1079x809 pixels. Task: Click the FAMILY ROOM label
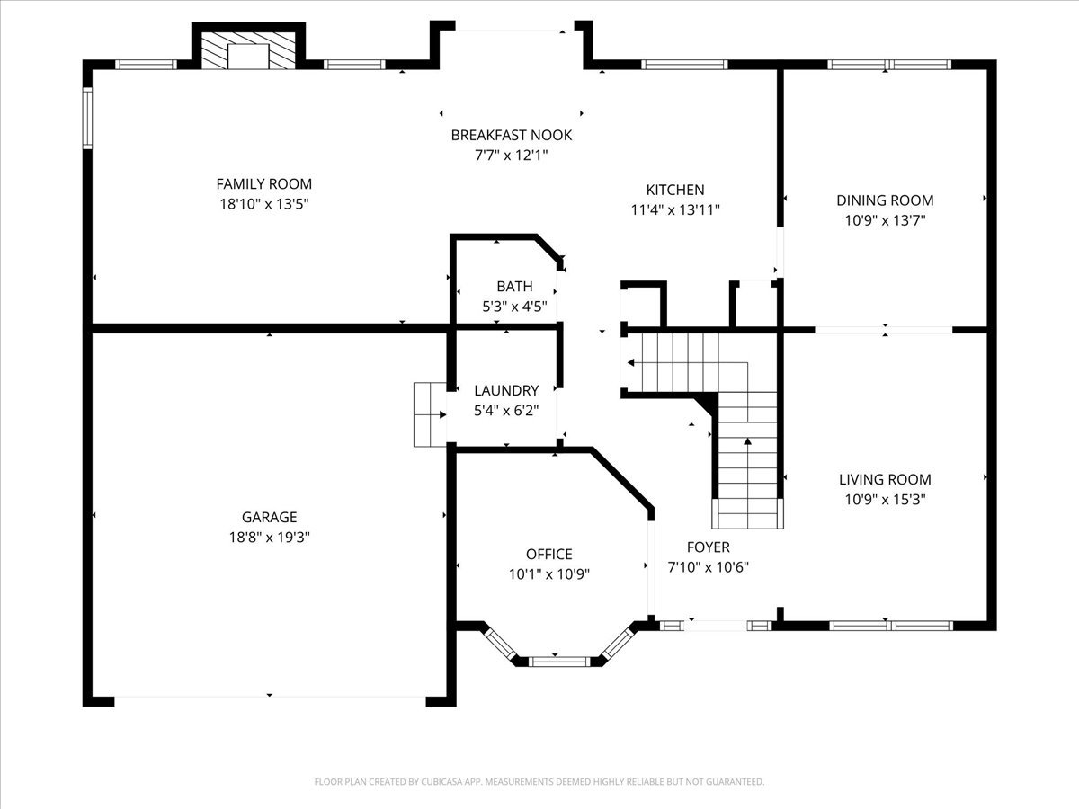pyautogui.click(x=264, y=183)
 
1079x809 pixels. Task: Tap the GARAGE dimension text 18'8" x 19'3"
pyautogui.click(x=270, y=538)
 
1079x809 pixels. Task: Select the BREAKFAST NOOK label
pyautogui.click(x=512, y=135)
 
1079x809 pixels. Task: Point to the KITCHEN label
pyautogui.click(x=675, y=190)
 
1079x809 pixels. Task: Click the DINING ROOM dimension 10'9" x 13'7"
pyautogui.click(x=885, y=220)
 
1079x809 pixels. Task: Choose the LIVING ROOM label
pyautogui.click(x=885, y=479)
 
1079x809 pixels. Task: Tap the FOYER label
pyautogui.click(x=708, y=547)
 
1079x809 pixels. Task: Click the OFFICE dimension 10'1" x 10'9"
pyautogui.click(x=549, y=574)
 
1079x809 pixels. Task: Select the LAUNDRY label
pyautogui.click(x=506, y=390)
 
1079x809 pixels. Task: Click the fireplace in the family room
pyautogui.click(x=248, y=50)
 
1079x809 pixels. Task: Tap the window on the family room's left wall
pyautogui.click(x=87, y=118)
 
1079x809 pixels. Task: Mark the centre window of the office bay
pyautogui.click(x=559, y=662)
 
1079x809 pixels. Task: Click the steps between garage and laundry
pyautogui.click(x=430, y=414)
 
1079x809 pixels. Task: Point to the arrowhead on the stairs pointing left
pyautogui.click(x=630, y=363)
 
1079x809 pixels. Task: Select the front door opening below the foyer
pyautogui.click(x=715, y=626)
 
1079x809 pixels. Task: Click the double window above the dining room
pyautogui.click(x=889, y=65)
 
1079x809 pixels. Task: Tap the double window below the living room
pyautogui.click(x=891, y=626)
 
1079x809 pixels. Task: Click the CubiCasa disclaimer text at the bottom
pyautogui.click(x=539, y=781)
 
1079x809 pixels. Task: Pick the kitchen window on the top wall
pyautogui.click(x=684, y=65)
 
